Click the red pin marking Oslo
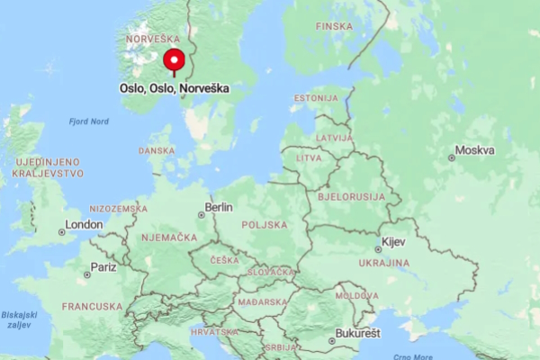pos(174,61)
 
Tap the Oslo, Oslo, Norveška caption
pos(175,88)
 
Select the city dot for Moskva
pos(452,157)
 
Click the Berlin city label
pos(219,207)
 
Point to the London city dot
pos(62,232)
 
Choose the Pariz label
pos(103,267)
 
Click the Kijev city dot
pos(378,250)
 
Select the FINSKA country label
pos(334,26)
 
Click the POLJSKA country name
pos(265,225)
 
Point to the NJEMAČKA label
pos(169,238)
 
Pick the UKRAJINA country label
pos(384,263)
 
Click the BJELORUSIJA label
pos(351,196)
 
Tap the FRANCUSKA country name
pos(92,306)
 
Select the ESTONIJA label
pos(315,97)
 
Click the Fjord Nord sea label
pos(88,121)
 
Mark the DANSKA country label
pos(157,151)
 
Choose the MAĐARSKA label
pos(262,302)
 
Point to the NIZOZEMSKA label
pos(119,208)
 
